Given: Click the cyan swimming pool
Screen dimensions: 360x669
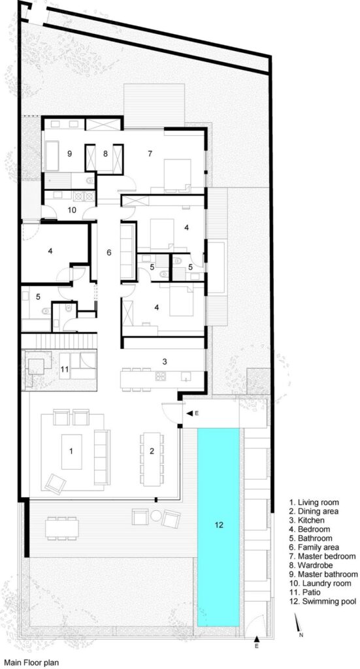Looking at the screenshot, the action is (x=218, y=527).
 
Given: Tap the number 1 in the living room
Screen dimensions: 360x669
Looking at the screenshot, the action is (x=71, y=451).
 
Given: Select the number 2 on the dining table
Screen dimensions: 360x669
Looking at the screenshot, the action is (x=152, y=451).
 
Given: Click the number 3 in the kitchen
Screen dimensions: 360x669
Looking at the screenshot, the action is (x=164, y=362).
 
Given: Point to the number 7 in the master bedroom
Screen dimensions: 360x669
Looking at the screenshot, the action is (x=150, y=154).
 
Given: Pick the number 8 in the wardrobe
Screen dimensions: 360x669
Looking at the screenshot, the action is (x=106, y=154).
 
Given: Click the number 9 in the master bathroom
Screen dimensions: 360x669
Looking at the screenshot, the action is (x=69, y=154).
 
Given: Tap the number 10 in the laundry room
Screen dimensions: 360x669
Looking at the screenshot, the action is (x=71, y=210).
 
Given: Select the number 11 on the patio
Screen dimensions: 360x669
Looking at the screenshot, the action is (x=65, y=370).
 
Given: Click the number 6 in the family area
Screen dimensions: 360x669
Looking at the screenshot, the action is (x=108, y=253).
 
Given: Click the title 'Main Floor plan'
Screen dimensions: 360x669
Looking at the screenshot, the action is (x=31, y=662).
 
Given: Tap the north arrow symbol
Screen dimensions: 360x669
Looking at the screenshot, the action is (x=299, y=623).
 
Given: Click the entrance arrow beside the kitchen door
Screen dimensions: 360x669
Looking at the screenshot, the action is (x=189, y=413).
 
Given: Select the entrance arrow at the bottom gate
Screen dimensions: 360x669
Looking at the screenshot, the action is (x=257, y=639).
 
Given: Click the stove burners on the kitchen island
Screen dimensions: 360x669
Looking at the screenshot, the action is (x=160, y=376).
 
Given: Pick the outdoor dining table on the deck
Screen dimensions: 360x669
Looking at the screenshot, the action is (x=62, y=529).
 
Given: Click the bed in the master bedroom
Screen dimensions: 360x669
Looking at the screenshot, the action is (x=177, y=174).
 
